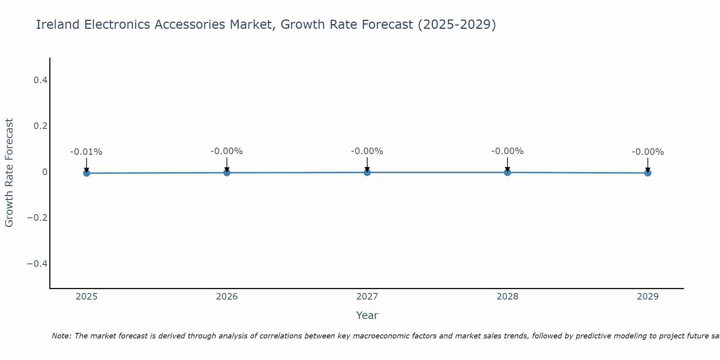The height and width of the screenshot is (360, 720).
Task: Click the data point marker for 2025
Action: coord(86,173)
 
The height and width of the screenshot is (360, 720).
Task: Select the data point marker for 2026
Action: coord(227,173)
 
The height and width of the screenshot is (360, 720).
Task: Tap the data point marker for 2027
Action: coord(367,172)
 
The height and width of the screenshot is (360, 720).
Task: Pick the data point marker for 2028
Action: coord(507,172)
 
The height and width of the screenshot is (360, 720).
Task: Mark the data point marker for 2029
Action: coord(648,173)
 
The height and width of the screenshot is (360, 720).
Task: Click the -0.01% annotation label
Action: coord(86,152)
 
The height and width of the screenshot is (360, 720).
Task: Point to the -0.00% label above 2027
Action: coord(367,151)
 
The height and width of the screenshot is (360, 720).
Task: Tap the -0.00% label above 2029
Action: coord(648,152)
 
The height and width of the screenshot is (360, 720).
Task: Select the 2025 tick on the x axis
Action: coord(87,297)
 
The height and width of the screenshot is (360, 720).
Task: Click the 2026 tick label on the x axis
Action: coord(227,297)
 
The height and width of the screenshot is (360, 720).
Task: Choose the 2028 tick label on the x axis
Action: coord(507,297)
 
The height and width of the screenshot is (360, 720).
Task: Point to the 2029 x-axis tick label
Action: coord(648,297)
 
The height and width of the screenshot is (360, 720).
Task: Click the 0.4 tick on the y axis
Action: coord(40,80)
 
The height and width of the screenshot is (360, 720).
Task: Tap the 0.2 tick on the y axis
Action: coord(40,126)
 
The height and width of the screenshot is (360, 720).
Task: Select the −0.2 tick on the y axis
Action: coord(37,218)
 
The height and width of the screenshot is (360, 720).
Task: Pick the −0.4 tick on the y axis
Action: coord(37,264)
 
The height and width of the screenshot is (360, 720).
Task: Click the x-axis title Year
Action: coord(367,315)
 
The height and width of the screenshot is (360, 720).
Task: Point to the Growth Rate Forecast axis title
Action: coord(9,173)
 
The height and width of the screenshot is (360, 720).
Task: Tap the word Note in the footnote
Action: coord(61,336)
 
